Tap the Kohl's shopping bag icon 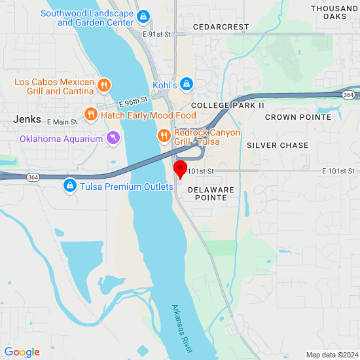click(x=187, y=84)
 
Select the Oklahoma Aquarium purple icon click(x=113, y=138)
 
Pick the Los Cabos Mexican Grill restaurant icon click(x=103, y=86)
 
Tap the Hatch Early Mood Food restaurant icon click(x=91, y=115)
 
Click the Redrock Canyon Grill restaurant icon click(x=164, y=136)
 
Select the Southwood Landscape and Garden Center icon click(x=143, y=16)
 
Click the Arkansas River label click(x=183, y=325)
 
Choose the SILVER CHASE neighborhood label click(x=278, y=145)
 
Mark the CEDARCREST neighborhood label click(x=221, y=27)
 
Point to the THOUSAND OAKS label click(x=334, y=12)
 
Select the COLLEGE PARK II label click(x=228, y=105)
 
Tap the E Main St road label click(x=62, y=122)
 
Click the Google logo click(x=22, y=352)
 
